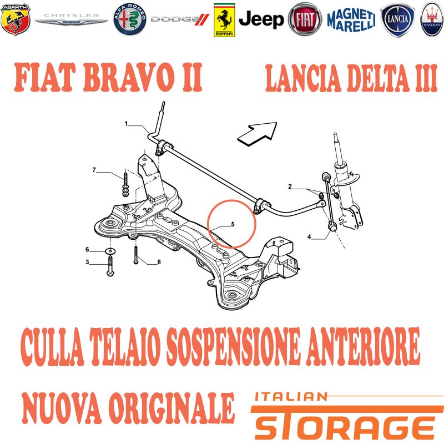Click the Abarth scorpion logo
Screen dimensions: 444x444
pos(16,19)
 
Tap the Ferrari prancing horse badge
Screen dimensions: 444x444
pos(224,20)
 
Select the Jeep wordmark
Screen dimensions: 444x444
pos(261,19)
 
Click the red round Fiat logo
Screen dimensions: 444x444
pos(305,19)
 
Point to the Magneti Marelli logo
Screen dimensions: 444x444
pos(351,20)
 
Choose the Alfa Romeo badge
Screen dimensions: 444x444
pos(130,19)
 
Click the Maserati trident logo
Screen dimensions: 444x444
pos(432,19)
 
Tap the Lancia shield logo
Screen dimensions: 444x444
pos(397,20)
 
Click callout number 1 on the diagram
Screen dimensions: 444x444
pos(127,124)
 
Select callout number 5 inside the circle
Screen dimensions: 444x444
pos(233,224)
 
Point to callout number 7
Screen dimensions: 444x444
pos(94,170)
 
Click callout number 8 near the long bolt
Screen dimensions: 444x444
pos(159,262)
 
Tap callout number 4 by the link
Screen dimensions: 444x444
pos(309,236)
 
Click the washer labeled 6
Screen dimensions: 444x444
pos(110,251)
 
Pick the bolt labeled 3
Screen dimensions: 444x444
pos(110,265)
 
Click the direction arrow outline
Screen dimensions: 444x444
pos(256,133)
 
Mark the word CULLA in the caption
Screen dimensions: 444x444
pos(52,346)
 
